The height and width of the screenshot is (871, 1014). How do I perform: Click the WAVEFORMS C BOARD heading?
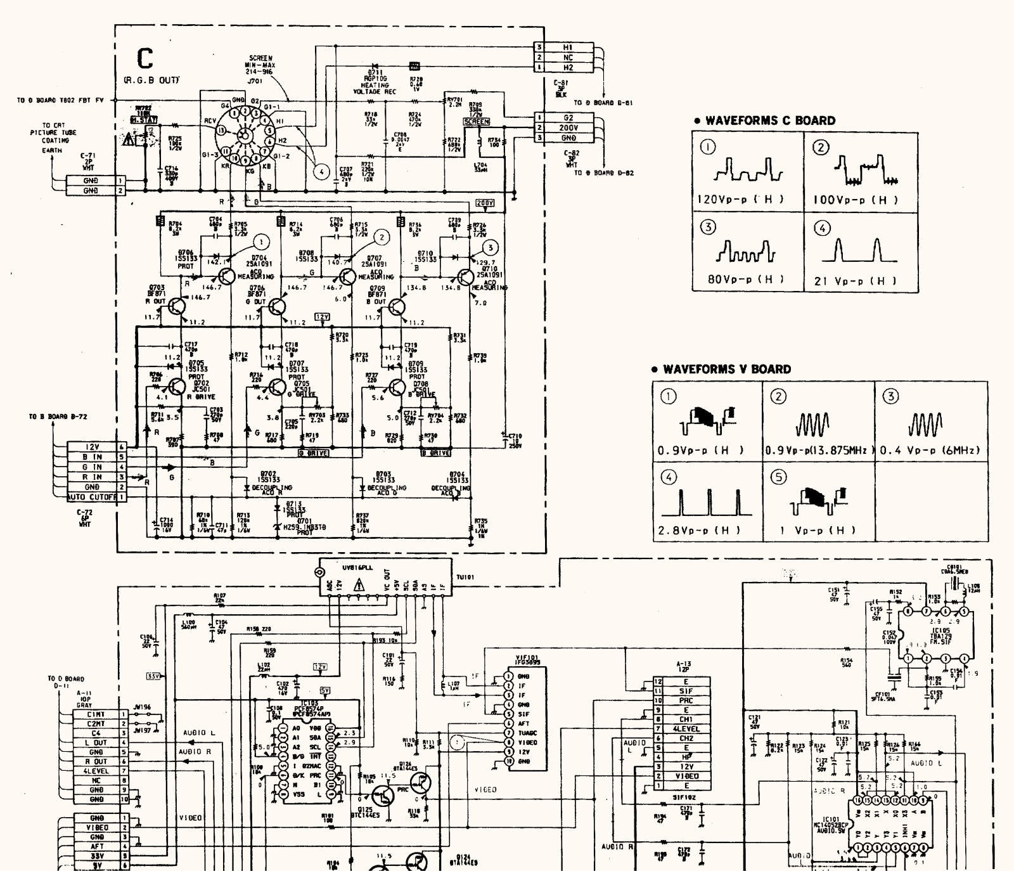770,120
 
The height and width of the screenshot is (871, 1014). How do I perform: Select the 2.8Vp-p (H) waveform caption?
699,530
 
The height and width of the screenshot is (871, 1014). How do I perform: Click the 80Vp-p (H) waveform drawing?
746,252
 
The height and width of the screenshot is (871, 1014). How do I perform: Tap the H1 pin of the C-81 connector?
568,48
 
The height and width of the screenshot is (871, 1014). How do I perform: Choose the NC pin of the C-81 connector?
568,58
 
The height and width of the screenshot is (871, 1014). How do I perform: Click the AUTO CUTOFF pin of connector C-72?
92,498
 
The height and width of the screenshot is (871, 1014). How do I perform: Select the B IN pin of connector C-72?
93,456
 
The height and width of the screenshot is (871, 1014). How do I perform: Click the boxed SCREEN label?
477,122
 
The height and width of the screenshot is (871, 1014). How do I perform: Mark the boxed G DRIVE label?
313,453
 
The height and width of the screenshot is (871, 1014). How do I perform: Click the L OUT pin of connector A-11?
96,742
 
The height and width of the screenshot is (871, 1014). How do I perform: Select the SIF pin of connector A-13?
686,691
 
